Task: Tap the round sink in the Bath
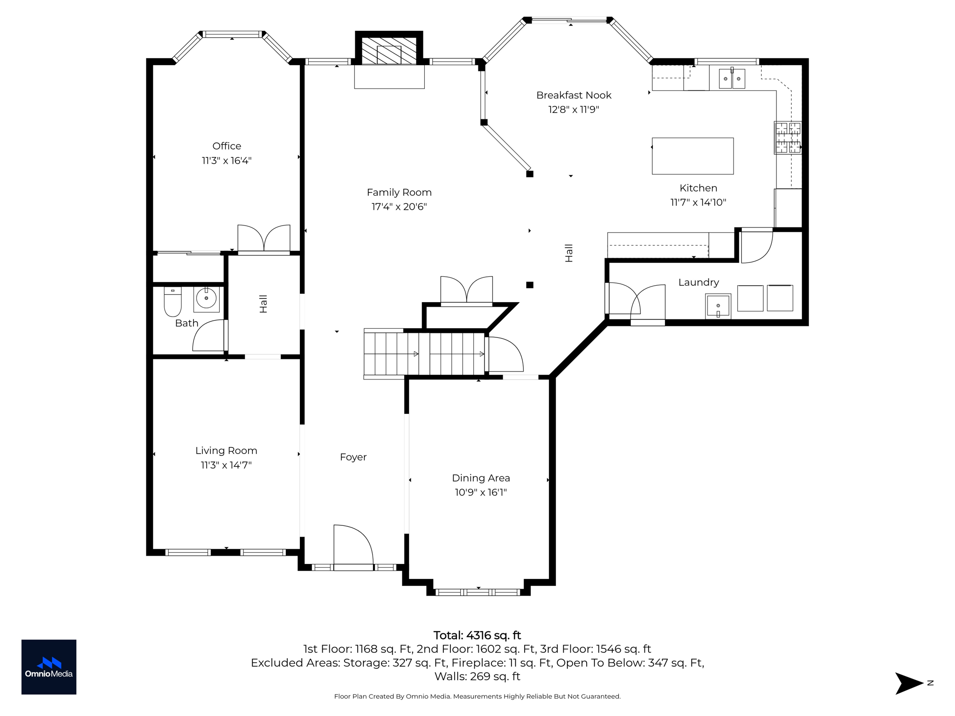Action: (206, 298)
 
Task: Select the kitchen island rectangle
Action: (692, 156)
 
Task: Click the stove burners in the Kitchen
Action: (788, 138)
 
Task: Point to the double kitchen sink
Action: (732, 78)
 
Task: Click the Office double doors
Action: (264, 239)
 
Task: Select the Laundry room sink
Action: (718, 306)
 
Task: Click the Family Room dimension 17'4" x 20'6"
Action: (399, 207)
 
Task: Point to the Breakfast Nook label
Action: (574, 96)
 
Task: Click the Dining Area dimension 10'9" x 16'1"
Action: (481, 492)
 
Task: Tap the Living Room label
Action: (226, 451)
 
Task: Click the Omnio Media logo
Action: (49, 667)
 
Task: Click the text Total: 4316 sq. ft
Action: (477, 635)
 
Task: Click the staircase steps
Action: (424, 353)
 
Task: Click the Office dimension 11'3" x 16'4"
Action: (227, 161)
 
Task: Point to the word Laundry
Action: (698, 282)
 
